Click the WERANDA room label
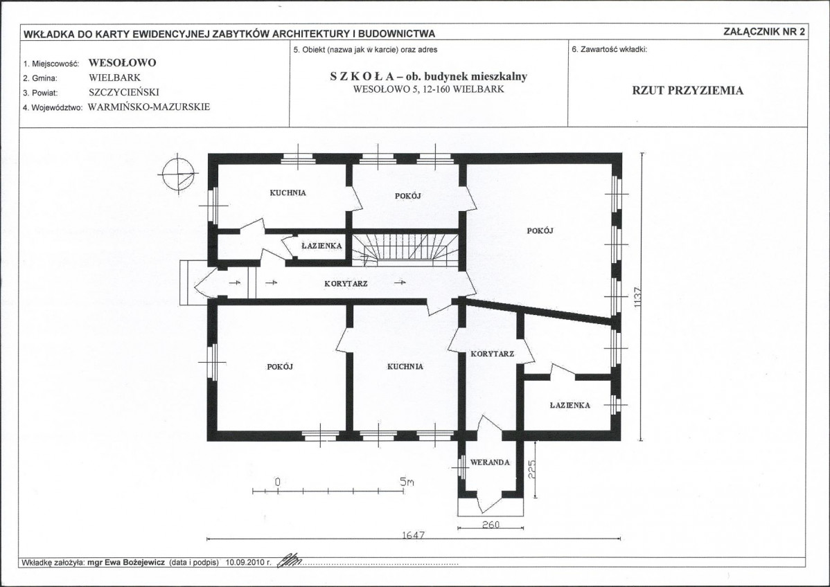(490, 462)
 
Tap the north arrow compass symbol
(178, 174)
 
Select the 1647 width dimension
(414, 534)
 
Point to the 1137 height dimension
(637, 298)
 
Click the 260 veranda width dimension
(491, 525)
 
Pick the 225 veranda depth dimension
(532, 469)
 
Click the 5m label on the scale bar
(407, 482)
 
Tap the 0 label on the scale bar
(277, 482)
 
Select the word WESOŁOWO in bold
(122, 62)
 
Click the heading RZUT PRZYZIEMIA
(687, 91)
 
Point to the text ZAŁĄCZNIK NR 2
(763, 31)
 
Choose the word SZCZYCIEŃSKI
(124, 92)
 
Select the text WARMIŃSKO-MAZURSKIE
(149, 107)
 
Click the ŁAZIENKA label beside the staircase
(321, 246)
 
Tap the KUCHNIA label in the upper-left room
(288, 193)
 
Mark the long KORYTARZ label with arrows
(346, 284)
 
